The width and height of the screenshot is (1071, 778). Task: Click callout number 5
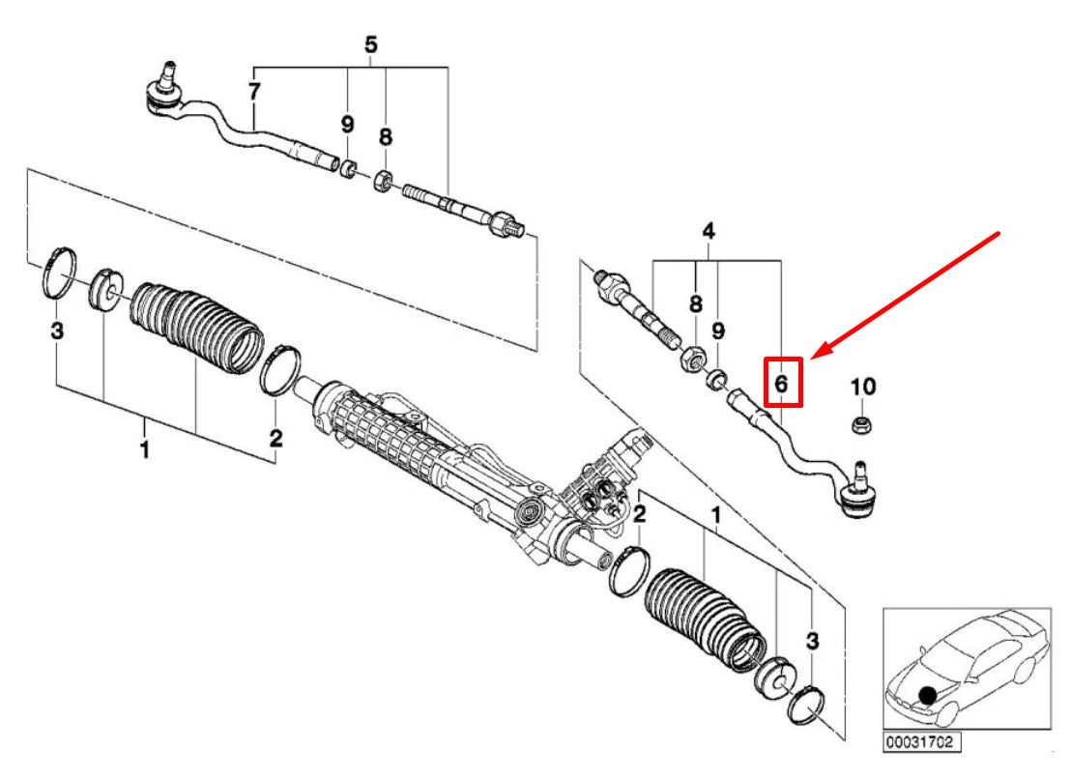(x=371, y=44)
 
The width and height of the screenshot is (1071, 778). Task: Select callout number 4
(x=708, y=231)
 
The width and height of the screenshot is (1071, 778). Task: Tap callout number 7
(x=254, y=93)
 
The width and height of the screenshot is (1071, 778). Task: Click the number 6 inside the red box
(x=782, y=384)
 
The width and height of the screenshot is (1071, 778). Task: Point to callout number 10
(x=862, y=387)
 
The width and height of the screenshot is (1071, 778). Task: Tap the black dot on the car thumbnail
(x=927, y=695)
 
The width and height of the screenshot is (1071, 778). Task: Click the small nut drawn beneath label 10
(x=860, y=425)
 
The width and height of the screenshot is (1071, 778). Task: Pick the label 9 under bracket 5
(x=346, y=125)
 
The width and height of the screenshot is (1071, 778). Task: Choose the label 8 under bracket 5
(x=385, y=137)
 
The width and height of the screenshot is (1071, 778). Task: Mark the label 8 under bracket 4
(x=695, y=303)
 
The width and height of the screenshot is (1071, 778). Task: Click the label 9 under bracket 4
(x=718, y=331)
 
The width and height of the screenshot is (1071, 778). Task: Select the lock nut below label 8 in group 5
(x=384, y=180)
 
